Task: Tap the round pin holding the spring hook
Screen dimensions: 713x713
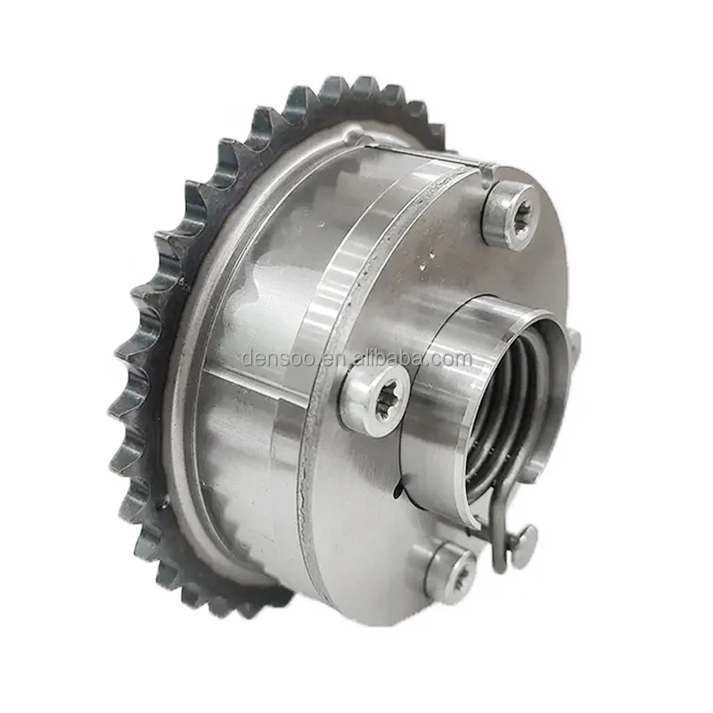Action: (526, 536)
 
